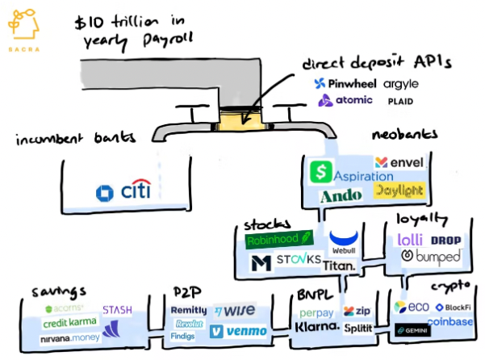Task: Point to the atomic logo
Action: (345, 101)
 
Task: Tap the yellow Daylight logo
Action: (397, 191)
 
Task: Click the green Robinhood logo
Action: (278, 240)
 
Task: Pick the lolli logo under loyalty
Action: (413, 240)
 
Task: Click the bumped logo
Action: (432, 257)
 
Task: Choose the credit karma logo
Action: (70, 323)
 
